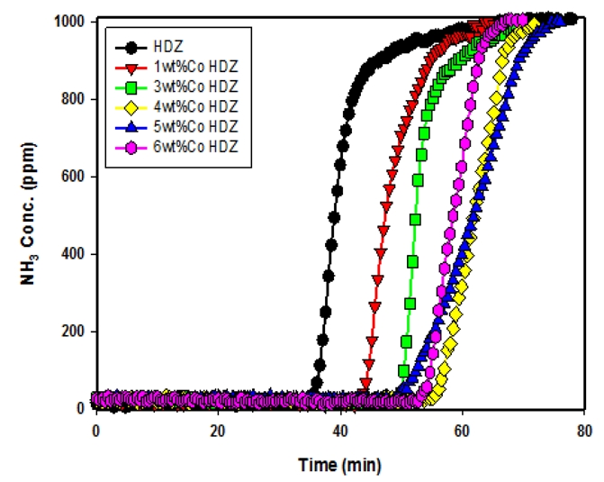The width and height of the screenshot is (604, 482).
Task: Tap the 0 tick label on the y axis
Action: point(79,408)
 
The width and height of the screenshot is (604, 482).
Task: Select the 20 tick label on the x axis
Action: point(217,430)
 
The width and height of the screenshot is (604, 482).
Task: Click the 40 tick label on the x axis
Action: point(340,430)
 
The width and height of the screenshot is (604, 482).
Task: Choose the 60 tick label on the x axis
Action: point(462,430)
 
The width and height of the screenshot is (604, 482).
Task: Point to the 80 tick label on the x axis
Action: point(584,430)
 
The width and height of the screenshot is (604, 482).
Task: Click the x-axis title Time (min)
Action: point(340,465)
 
